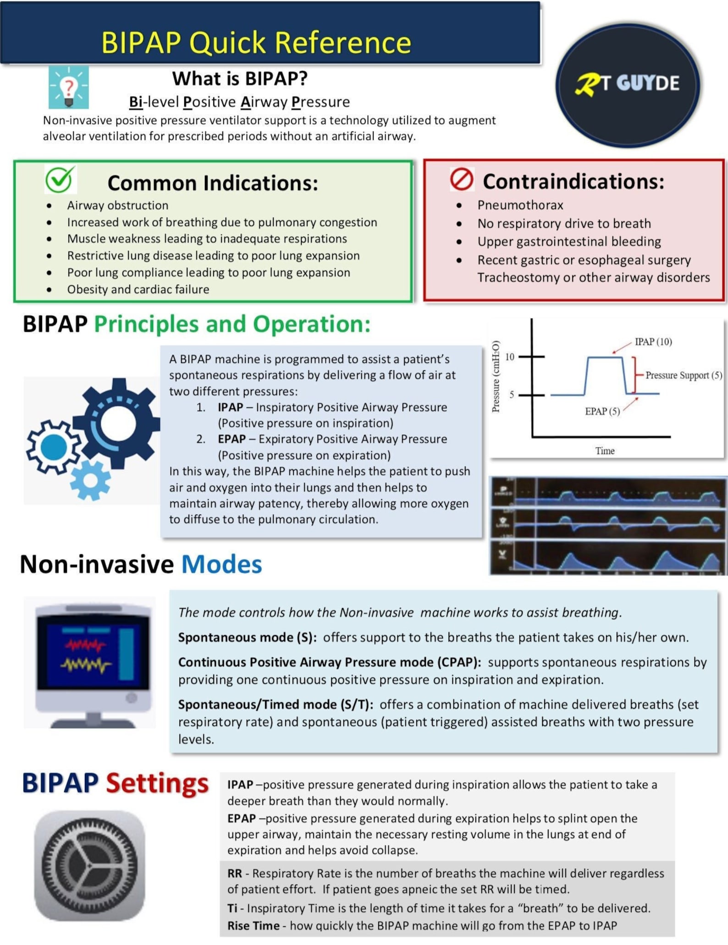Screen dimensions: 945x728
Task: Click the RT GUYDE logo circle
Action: (627, 85)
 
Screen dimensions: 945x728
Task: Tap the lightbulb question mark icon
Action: (69, 87)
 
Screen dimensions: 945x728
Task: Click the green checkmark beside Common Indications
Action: (60, 179)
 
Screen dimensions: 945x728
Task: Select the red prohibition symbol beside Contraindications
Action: (461, 179)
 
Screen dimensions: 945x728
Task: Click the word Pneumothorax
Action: (520, 205)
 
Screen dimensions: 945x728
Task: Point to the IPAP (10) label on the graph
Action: (653, 342)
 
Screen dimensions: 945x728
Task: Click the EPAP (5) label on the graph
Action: (602, 411)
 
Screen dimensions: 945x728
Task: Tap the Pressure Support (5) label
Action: (683, 375)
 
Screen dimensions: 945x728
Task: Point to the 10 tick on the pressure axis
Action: (510, 357)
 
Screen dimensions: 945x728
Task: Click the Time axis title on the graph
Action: (605, 451)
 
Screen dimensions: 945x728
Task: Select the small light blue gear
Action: (91, 480)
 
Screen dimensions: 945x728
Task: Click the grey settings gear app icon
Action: (89, 866)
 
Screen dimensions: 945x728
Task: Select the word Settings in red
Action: (157, 783)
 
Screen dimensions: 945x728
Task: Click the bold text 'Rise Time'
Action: (254, 926)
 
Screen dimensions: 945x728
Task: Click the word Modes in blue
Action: (222, 564)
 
